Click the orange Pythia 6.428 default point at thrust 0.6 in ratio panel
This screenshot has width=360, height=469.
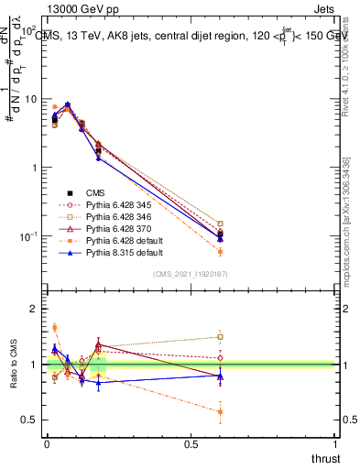[220, 411]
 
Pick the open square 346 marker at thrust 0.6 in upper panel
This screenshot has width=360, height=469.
[220, 224]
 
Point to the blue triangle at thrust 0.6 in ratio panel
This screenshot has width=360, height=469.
[220, 376]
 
